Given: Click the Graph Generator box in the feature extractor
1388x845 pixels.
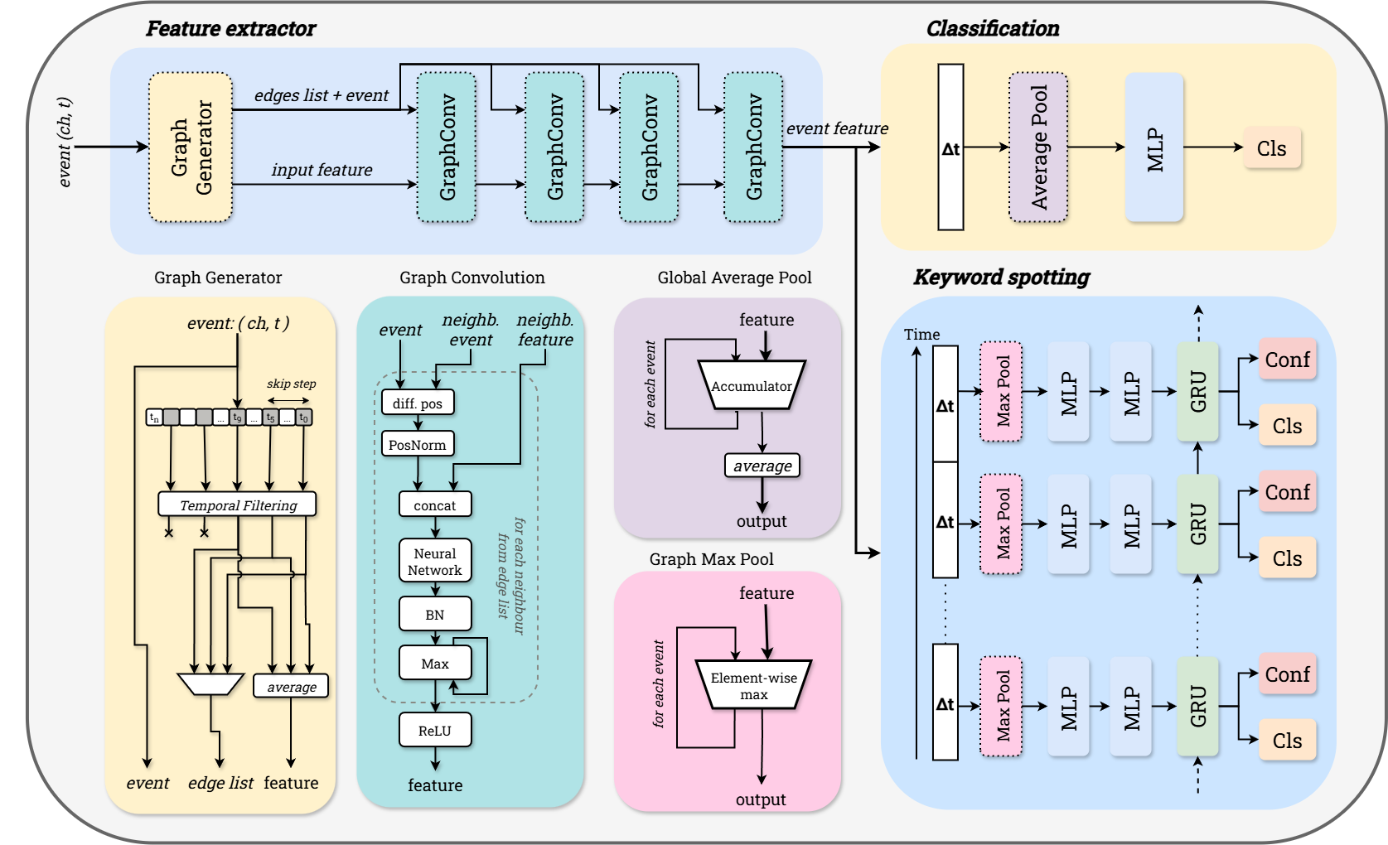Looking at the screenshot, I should pos(191,147).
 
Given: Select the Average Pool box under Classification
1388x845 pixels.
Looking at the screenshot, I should pos(1038,147).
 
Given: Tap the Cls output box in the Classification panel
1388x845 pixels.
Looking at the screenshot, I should pos(1272,148).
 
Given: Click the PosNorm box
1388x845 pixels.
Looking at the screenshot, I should pos(418,445).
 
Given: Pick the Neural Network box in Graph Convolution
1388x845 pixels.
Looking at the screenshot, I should pos(435,562).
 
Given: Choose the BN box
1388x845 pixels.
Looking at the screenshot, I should pos(435,615).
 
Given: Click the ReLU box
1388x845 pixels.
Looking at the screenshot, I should pos(435,731).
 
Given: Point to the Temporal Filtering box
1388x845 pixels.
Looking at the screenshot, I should pos(238,505).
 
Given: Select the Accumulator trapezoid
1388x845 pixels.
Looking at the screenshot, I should pos(752,385).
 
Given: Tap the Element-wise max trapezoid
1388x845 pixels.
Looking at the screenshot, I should pos(753,685).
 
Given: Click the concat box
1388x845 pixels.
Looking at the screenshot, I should pos(435,505).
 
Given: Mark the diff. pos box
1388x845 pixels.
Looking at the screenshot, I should pos(418,403).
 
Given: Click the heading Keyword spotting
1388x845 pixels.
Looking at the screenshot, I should pos(1001,277).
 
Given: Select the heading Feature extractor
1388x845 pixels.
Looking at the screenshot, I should pos(230,28).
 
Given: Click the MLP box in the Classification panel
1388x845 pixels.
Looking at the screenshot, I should pos(1154,147).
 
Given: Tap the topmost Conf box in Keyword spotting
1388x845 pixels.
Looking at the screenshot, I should pos(1287,360).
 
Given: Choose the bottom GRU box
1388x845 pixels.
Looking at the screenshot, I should pos(1197,707).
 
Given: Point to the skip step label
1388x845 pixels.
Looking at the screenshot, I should pos(291,384).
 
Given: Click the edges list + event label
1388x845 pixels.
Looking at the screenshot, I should pos(322,95).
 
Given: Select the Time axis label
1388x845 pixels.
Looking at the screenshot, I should pos(921,334).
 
